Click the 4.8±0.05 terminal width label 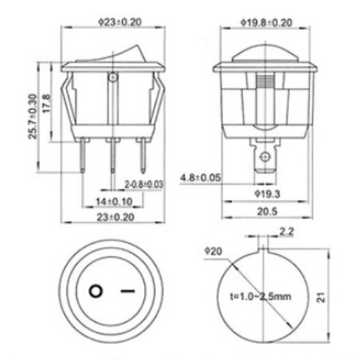201,178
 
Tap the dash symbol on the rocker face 128,291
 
